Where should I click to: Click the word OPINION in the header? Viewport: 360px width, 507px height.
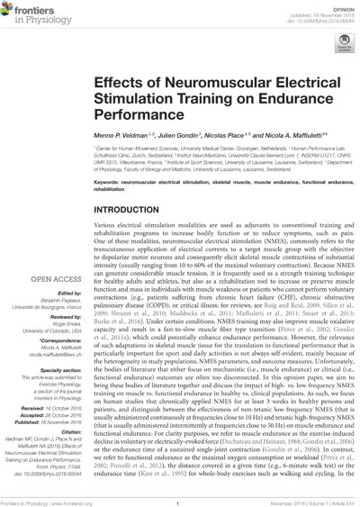(336, 8)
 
